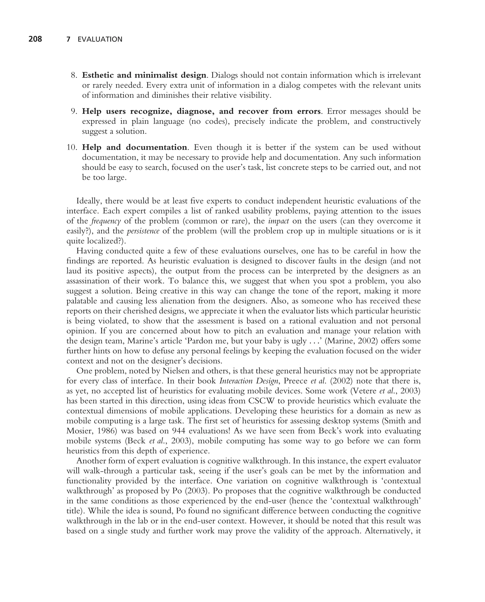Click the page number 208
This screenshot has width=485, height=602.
click(35, 39)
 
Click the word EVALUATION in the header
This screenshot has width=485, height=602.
click(100, 39)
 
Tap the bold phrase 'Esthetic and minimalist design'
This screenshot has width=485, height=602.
click(144, 75)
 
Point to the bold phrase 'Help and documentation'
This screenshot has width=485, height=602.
click(134, 147)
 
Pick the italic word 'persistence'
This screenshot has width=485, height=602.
click(143, 231)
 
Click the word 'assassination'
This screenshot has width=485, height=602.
click(88, 281)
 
